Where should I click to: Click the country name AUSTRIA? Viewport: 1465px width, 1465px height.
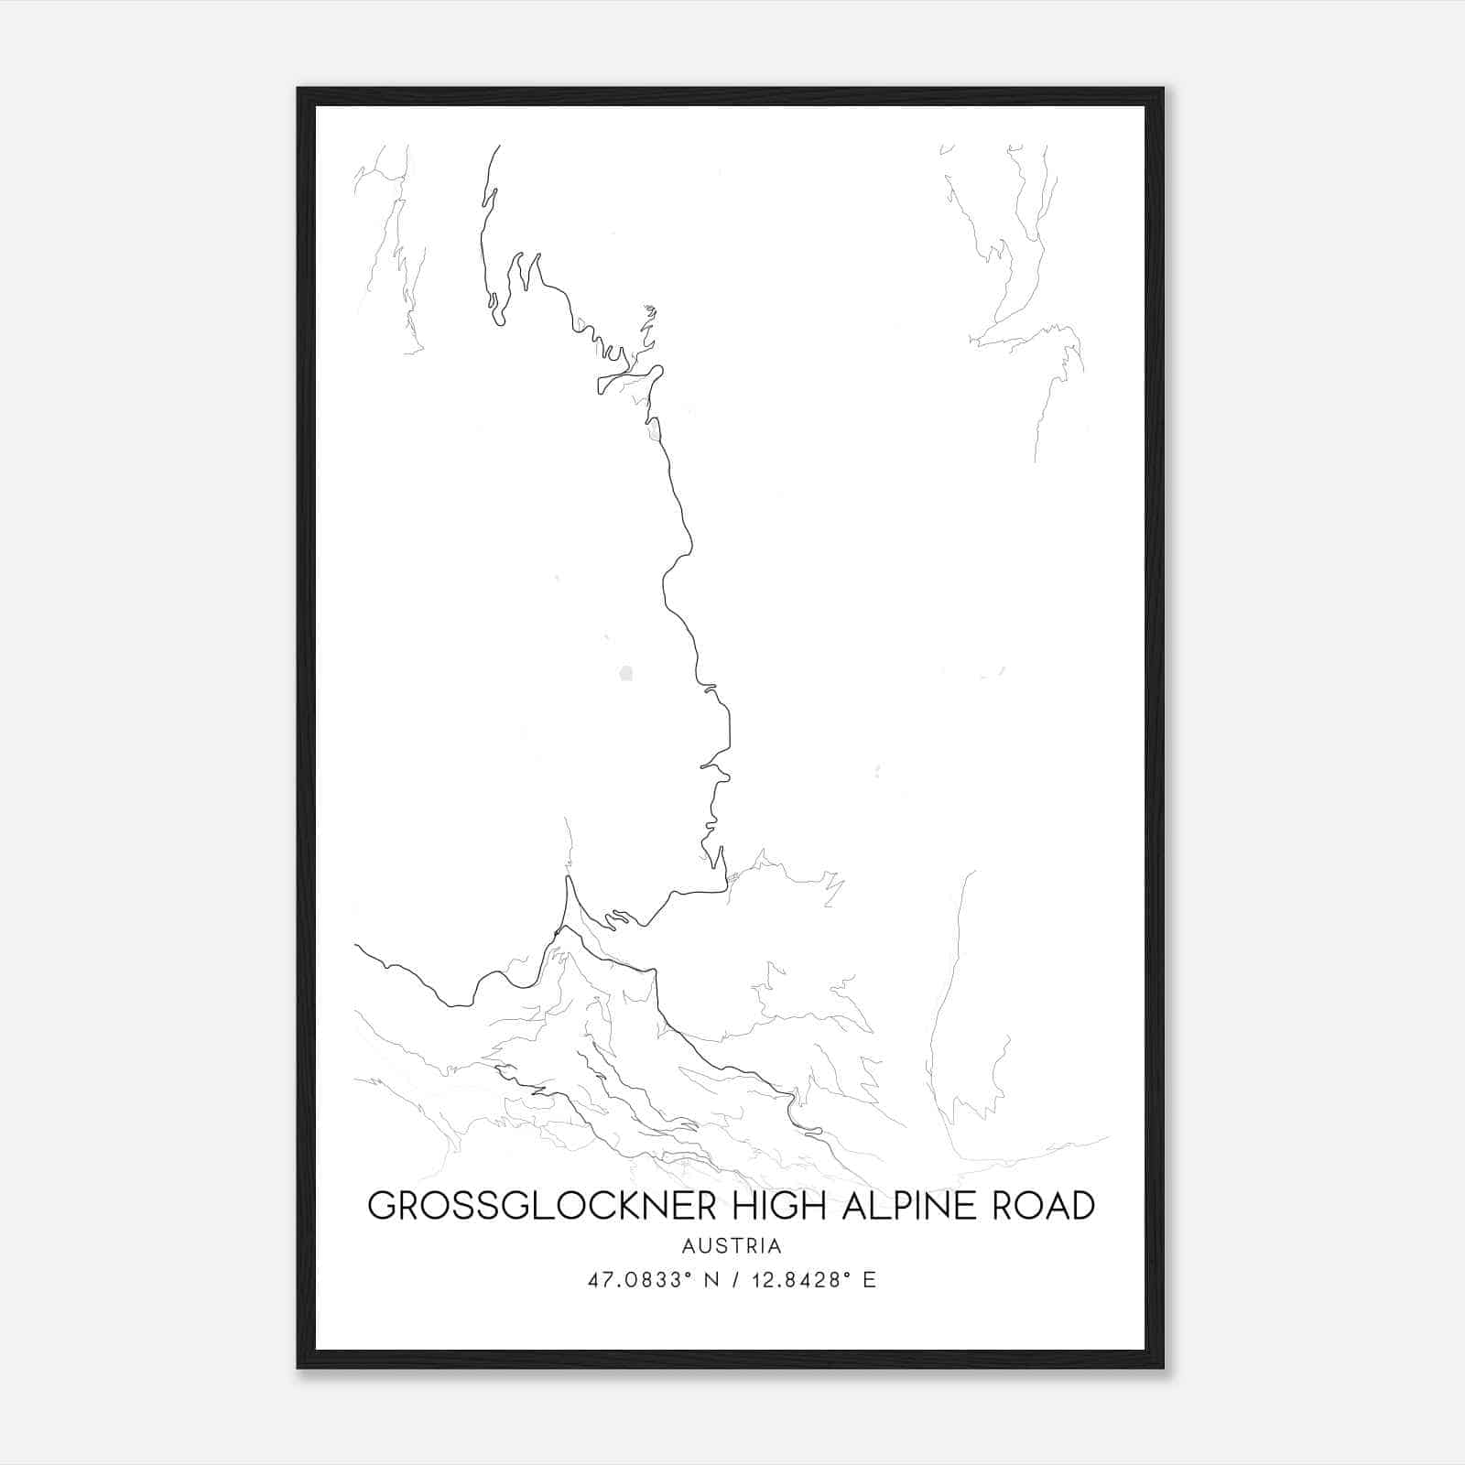[732, 1246]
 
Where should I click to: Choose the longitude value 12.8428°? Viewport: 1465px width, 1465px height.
[794, 1280]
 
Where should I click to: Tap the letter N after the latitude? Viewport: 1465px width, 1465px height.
[710, 1280]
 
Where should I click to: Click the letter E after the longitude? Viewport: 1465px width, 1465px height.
[870, 1280]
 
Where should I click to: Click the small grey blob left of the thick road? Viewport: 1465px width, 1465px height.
[625, 674]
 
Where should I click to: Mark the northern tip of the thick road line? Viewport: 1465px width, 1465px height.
[498, 146]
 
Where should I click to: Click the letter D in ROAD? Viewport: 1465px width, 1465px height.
[1081, 1206]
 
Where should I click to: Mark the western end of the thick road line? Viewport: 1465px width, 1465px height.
[356, 946]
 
